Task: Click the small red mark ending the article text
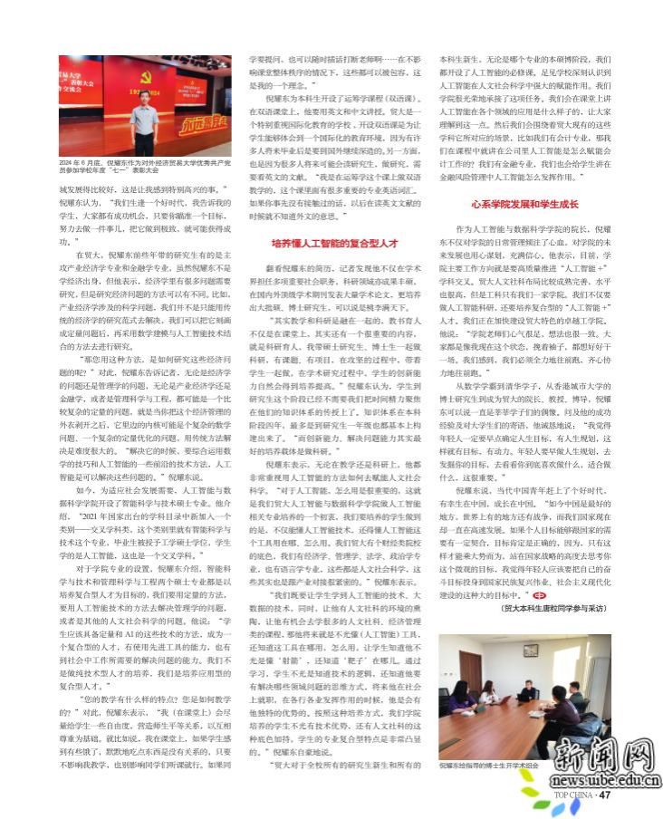(x=591, y=595)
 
